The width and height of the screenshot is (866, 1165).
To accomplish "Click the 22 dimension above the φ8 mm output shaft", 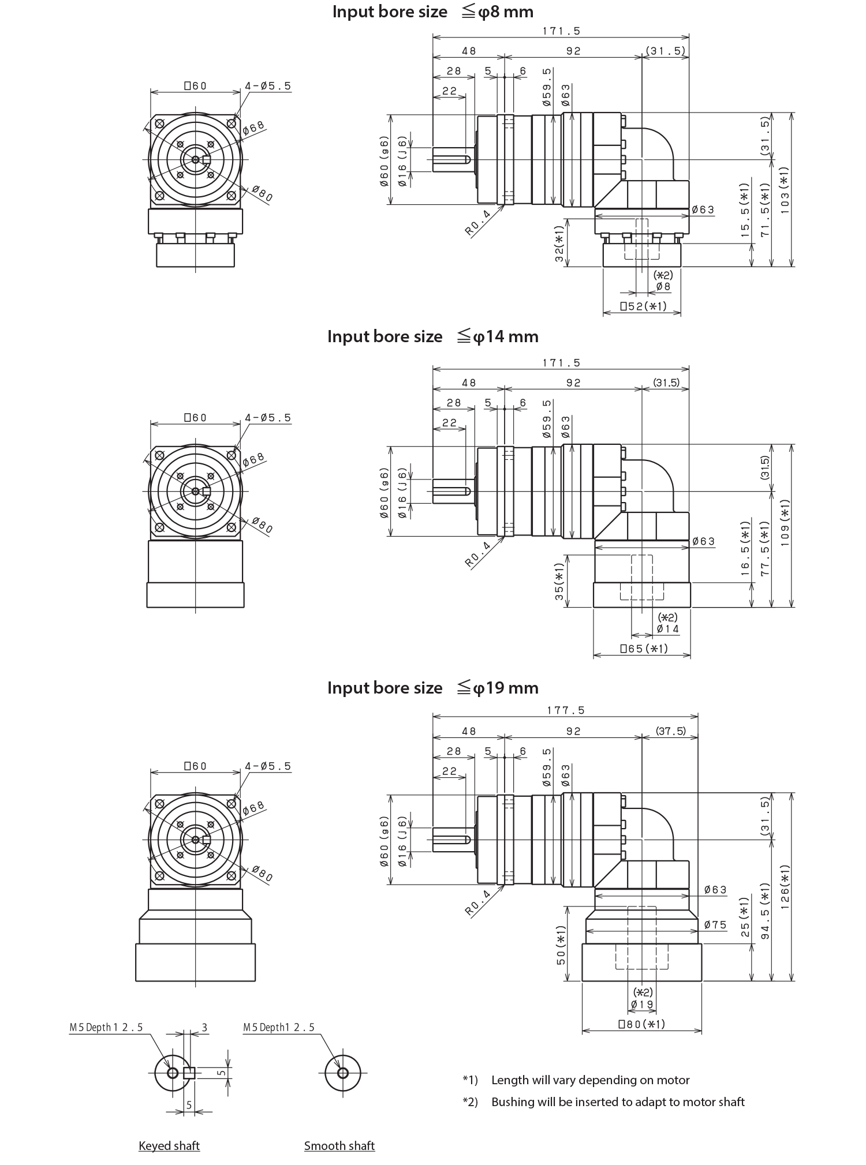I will [465, 91].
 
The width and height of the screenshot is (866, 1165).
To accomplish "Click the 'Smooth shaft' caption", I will [339, 1145].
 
